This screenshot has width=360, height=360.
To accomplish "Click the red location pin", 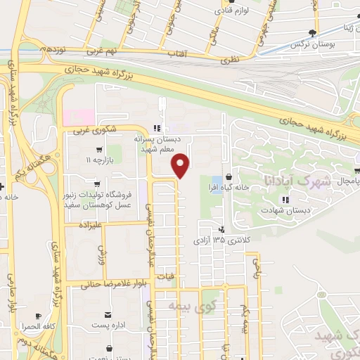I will tap(181, 165).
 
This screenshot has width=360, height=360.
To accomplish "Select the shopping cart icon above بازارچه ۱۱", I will tap(99, 150).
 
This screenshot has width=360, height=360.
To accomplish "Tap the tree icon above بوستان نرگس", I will tap(316, 32).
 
